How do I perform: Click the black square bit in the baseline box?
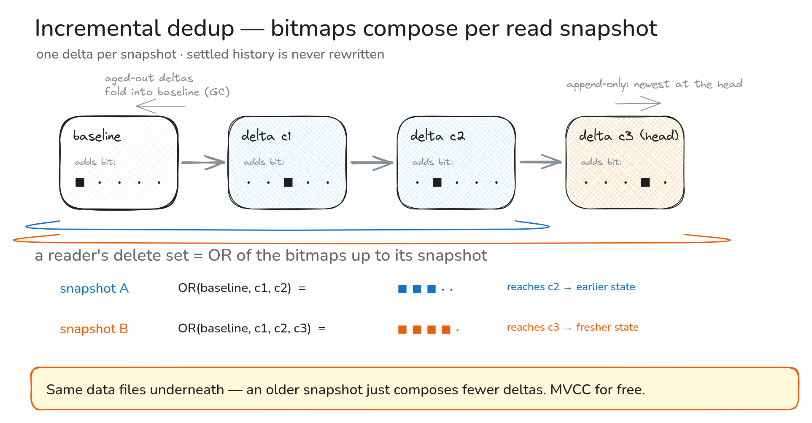pos(80,182)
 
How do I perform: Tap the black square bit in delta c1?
pos(288,182)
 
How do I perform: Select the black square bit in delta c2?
pos(437,182)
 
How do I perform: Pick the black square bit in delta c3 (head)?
pos(645,182)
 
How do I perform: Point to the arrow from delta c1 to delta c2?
pos(372,163)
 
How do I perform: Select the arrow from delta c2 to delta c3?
pos(541,162)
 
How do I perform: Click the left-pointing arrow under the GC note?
pos(161,106)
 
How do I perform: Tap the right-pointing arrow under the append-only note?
pos(638,103)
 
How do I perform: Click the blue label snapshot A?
pos(94,288)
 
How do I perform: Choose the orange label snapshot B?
pos(94,329)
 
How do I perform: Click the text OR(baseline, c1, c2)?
pos(235,288)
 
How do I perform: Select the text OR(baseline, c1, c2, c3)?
pos(244,328)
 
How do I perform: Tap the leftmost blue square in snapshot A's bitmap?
pos(402,289)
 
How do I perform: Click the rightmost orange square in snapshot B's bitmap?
pos(446,329)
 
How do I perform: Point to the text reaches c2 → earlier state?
pos(571,287)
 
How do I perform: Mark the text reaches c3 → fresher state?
pos(572,327)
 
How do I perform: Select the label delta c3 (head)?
pos(629,136)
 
